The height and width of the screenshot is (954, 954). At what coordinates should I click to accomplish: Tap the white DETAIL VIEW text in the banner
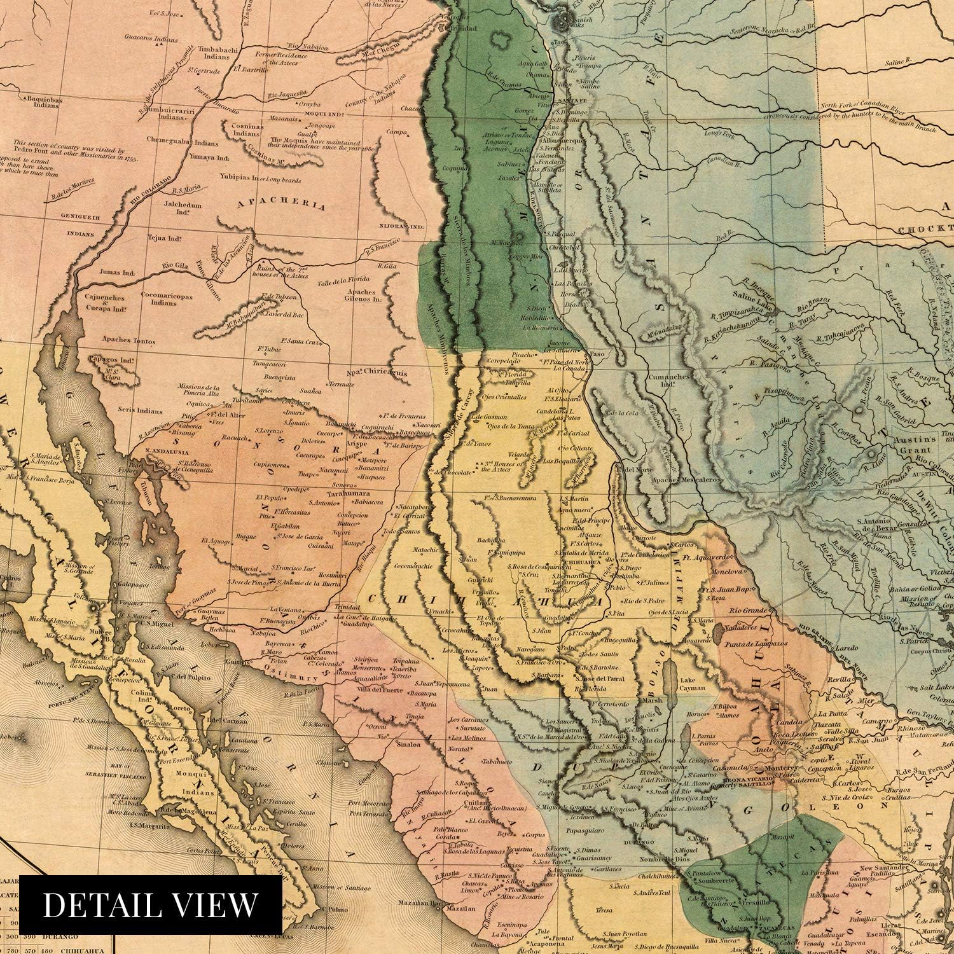(x=151, y=904)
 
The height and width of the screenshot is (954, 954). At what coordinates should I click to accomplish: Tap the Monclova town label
(x=733, y=572)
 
